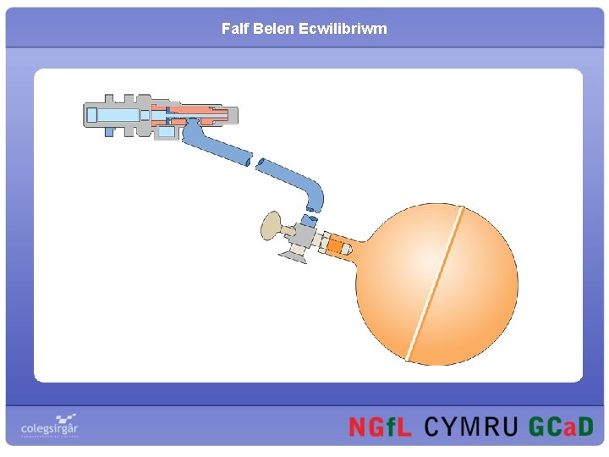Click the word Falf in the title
pyautogui.click(x=233, y=29)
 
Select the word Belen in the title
pyautogui.click(x=272, y=29)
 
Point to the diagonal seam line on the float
pyautogui.click(x=435, y=286)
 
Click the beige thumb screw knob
pyautogui.click(x=271, y=226)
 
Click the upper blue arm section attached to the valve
pyautogui.click(x=216, y=146)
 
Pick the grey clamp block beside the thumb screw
pyautogui.click(x=303, y=234)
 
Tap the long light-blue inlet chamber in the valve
pyautogui.click(x=118, y=115)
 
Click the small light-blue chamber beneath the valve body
pyautogui.click(x=167, y=131)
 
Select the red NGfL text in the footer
pyautogui.click(x=380, y=427)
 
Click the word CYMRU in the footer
pyautogui.click(x=469, y=427)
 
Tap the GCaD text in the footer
pyautogui.click(x=561, y=427)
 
